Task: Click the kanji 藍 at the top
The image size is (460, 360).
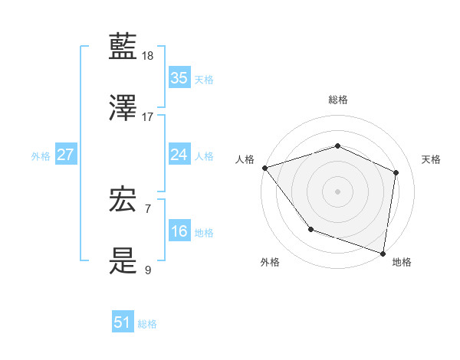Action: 124,47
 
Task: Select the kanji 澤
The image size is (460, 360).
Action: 124,108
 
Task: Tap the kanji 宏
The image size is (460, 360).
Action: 124,201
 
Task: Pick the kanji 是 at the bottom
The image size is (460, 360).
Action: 124,262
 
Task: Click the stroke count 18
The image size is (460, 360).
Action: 148,56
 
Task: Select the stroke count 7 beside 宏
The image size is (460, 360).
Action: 148,208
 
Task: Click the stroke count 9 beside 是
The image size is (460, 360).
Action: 148,270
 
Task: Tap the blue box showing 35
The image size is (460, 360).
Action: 179,78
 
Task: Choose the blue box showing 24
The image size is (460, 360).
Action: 179,155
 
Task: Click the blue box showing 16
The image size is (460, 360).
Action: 179,231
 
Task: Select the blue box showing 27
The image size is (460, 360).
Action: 65,155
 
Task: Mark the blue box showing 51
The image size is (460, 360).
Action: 123,322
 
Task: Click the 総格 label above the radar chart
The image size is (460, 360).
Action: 337,100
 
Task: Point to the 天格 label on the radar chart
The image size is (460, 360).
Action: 431,159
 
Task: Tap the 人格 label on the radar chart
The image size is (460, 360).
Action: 245,159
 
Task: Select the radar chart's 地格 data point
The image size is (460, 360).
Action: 383,254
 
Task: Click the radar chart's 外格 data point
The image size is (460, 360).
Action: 310,228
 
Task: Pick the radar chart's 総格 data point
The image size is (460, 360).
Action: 337,146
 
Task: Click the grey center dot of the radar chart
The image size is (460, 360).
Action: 337,191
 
